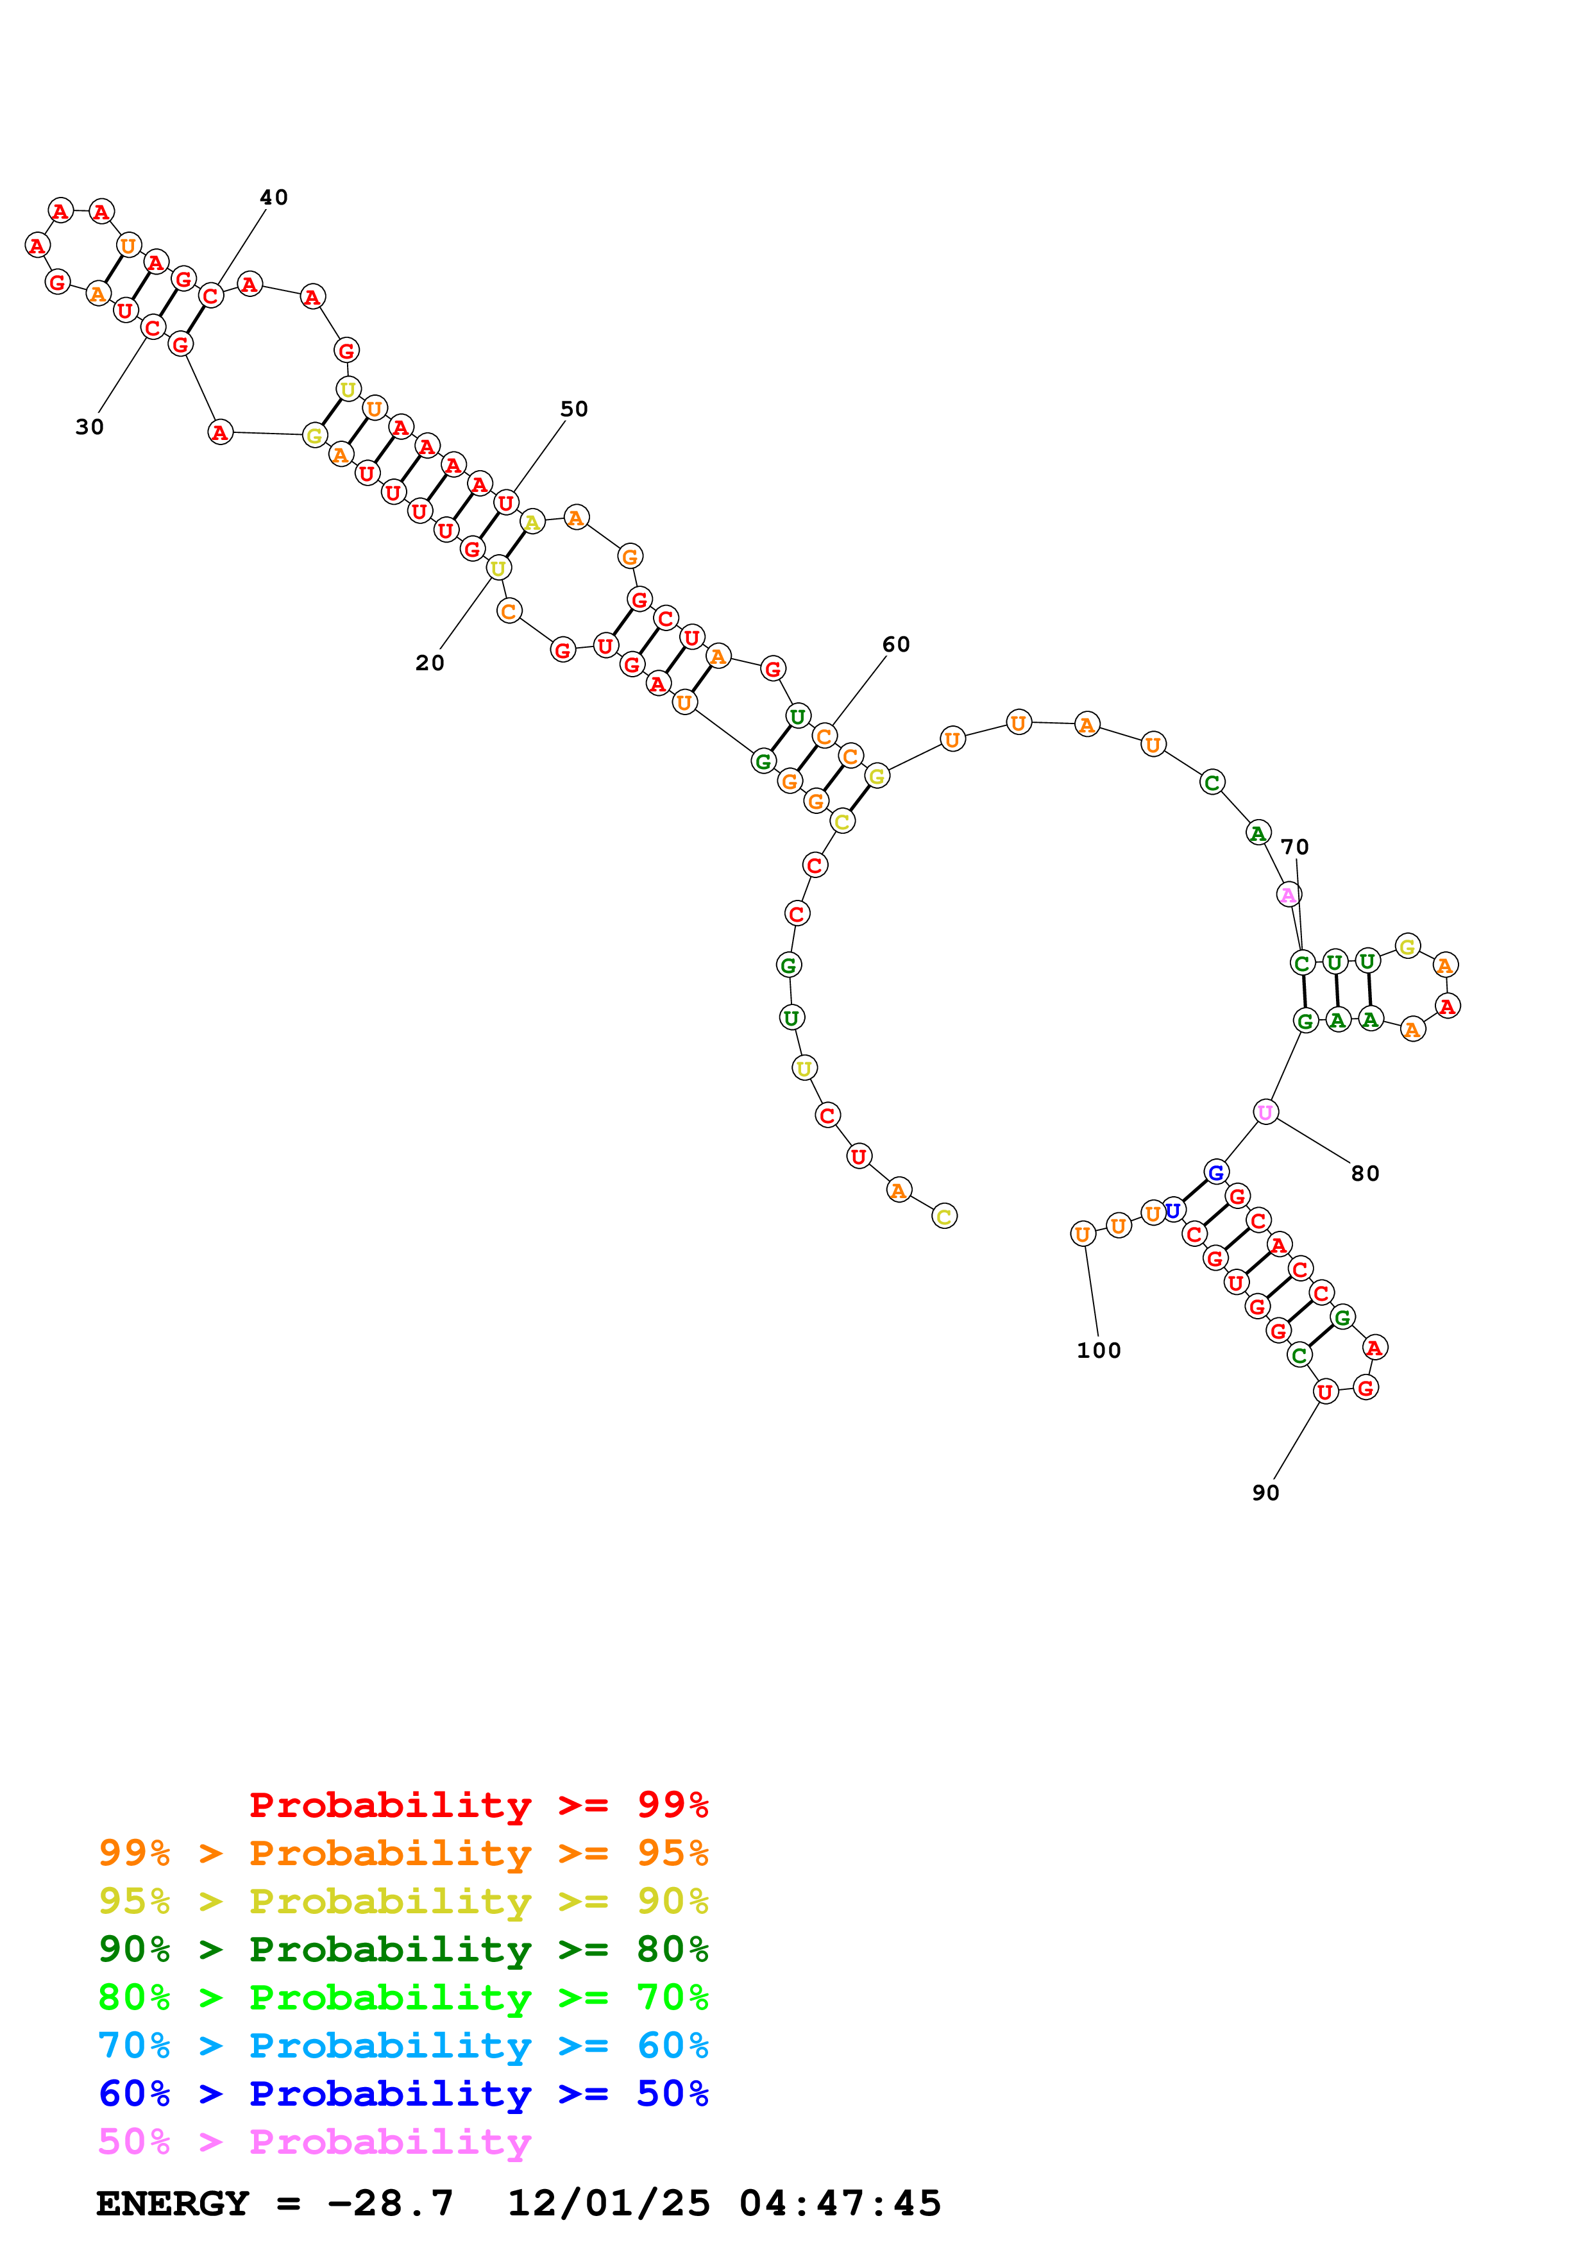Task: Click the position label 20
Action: pos(429,663)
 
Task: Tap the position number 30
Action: pos(89,427)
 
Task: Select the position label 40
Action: pos(273,198)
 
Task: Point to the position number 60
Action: pos(895,645)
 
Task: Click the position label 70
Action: pos(1294,847)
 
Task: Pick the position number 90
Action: pos(1265,1493)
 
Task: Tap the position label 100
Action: pos(1098,1350)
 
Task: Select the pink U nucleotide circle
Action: pos(1265,1112)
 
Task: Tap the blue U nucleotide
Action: pos(1172,1211)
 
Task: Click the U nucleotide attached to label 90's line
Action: pos(1324,1392)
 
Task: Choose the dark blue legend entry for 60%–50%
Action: pos(403,2094)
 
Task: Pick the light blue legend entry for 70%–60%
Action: pos(403,2045)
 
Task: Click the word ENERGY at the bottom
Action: pos(173,2203)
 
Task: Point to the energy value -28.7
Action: pos(390,2203)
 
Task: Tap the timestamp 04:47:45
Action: pos(840,2203)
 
